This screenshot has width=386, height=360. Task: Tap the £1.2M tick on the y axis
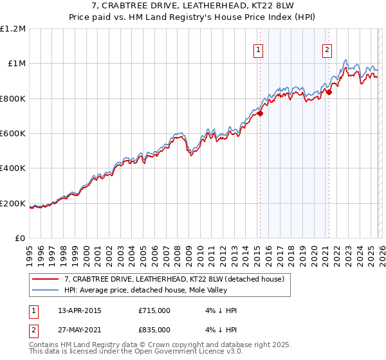click(13, 29)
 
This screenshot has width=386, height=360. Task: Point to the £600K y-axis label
click(13, 134)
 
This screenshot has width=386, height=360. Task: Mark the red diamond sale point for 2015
click(261, 114)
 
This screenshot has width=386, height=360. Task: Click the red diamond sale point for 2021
click(329, 93)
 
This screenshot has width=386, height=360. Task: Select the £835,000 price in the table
click(154, 330)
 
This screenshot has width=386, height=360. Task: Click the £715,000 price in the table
click(154, 310)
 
